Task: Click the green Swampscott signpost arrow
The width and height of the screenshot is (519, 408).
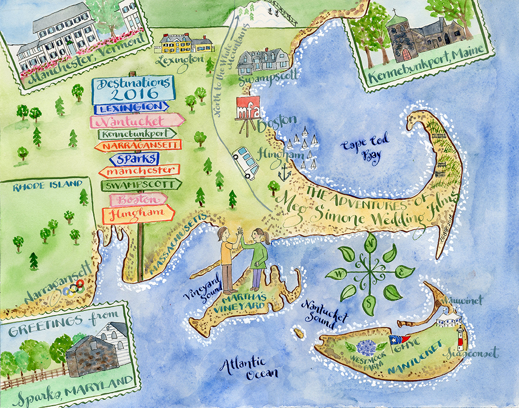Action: click(x=141, y=184)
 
